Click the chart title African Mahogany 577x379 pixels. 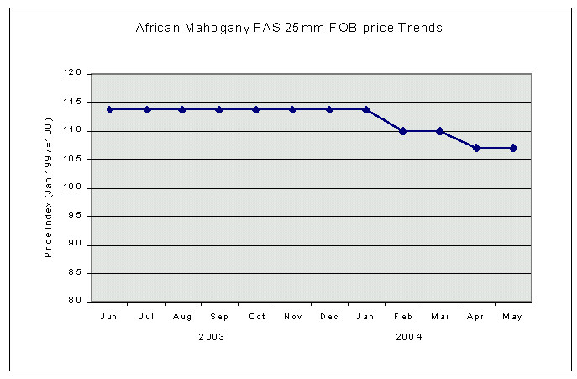[x=288, y=28]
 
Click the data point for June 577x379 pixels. [x=110, y=109]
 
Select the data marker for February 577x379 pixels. [x=403, y=131]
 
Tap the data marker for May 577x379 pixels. [x=513, y=148]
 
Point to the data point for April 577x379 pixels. [x=476, y=148]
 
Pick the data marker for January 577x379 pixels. [x=366, y=109]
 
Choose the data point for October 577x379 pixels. [x=256, y=109]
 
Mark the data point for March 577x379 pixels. [x=439, y=131]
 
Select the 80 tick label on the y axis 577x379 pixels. [x=76, y=301]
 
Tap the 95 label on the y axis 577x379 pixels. [x=76, y=216]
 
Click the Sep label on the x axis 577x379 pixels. [x=220, y=317]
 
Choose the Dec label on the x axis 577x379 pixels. [x=329, y=317]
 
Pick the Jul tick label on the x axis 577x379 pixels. [x=147, y=317]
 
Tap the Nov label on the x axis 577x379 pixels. [x=293, y=317]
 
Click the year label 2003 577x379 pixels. [x=211, y=336]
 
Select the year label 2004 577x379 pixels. [x=409, y=336]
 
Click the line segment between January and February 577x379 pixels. [x=385, y=120]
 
